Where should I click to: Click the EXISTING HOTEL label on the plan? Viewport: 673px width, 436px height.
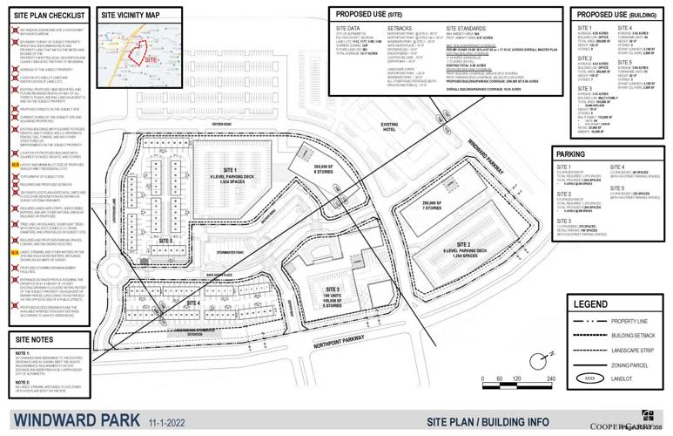(x=389, y=128)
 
